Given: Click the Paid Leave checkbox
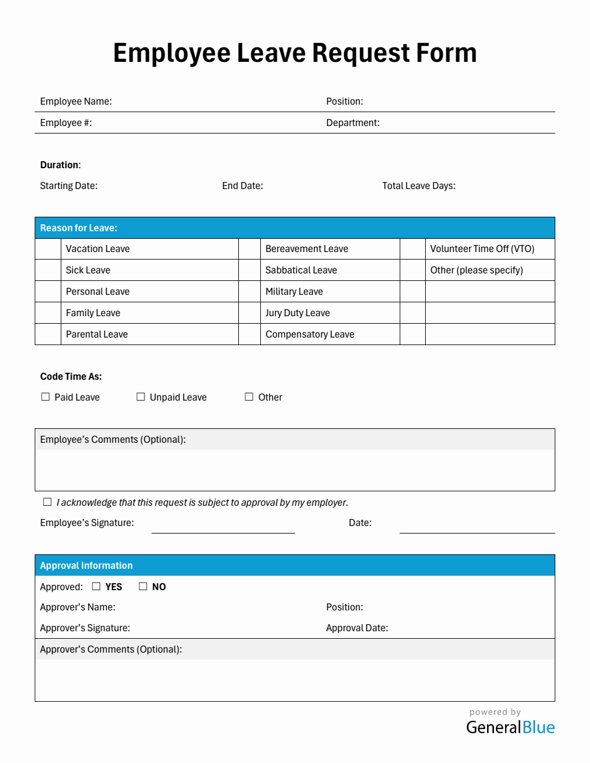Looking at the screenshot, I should (x=46, y=397).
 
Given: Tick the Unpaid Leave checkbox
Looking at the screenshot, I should (x=141, y=397).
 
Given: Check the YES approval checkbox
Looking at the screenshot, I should (x=96, y=586).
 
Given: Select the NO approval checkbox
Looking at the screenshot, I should (x=143, y=586).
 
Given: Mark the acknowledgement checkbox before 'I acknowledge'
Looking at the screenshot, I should (x=47, y=502).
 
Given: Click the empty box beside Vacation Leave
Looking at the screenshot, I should (x=48, y=249).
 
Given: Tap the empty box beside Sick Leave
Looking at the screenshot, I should (x=48, y=270).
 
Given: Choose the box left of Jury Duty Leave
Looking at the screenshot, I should (x=249, y=313).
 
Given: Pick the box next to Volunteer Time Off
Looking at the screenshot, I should (x=412, y=249).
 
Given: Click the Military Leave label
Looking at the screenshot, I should (x=294, y=291).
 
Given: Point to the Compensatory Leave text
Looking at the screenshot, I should (x=309, y=334).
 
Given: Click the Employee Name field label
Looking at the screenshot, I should (x=76, y=101).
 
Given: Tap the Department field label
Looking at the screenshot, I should (x=353, y=123).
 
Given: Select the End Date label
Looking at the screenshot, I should (x=242, y=186).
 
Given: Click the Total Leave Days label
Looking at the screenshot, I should (x=419, y=186).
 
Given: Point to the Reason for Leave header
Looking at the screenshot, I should (x=79, y=228).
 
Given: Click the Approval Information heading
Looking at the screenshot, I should (x=86, y=565).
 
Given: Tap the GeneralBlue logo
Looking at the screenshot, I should (x=510, y=727).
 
